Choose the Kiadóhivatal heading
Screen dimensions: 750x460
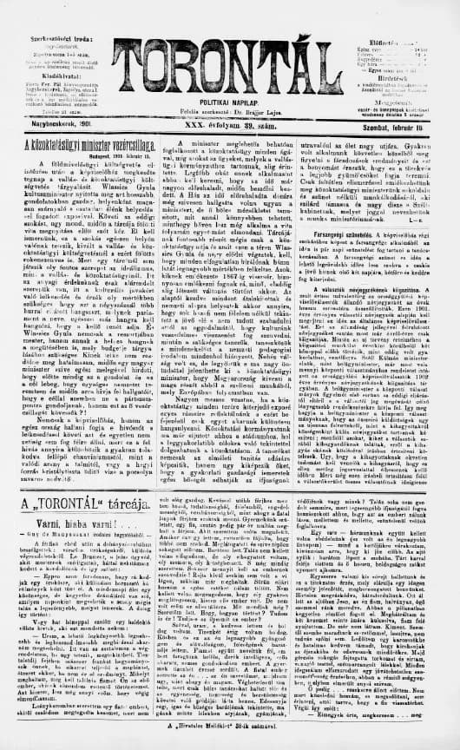click(47, 51)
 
